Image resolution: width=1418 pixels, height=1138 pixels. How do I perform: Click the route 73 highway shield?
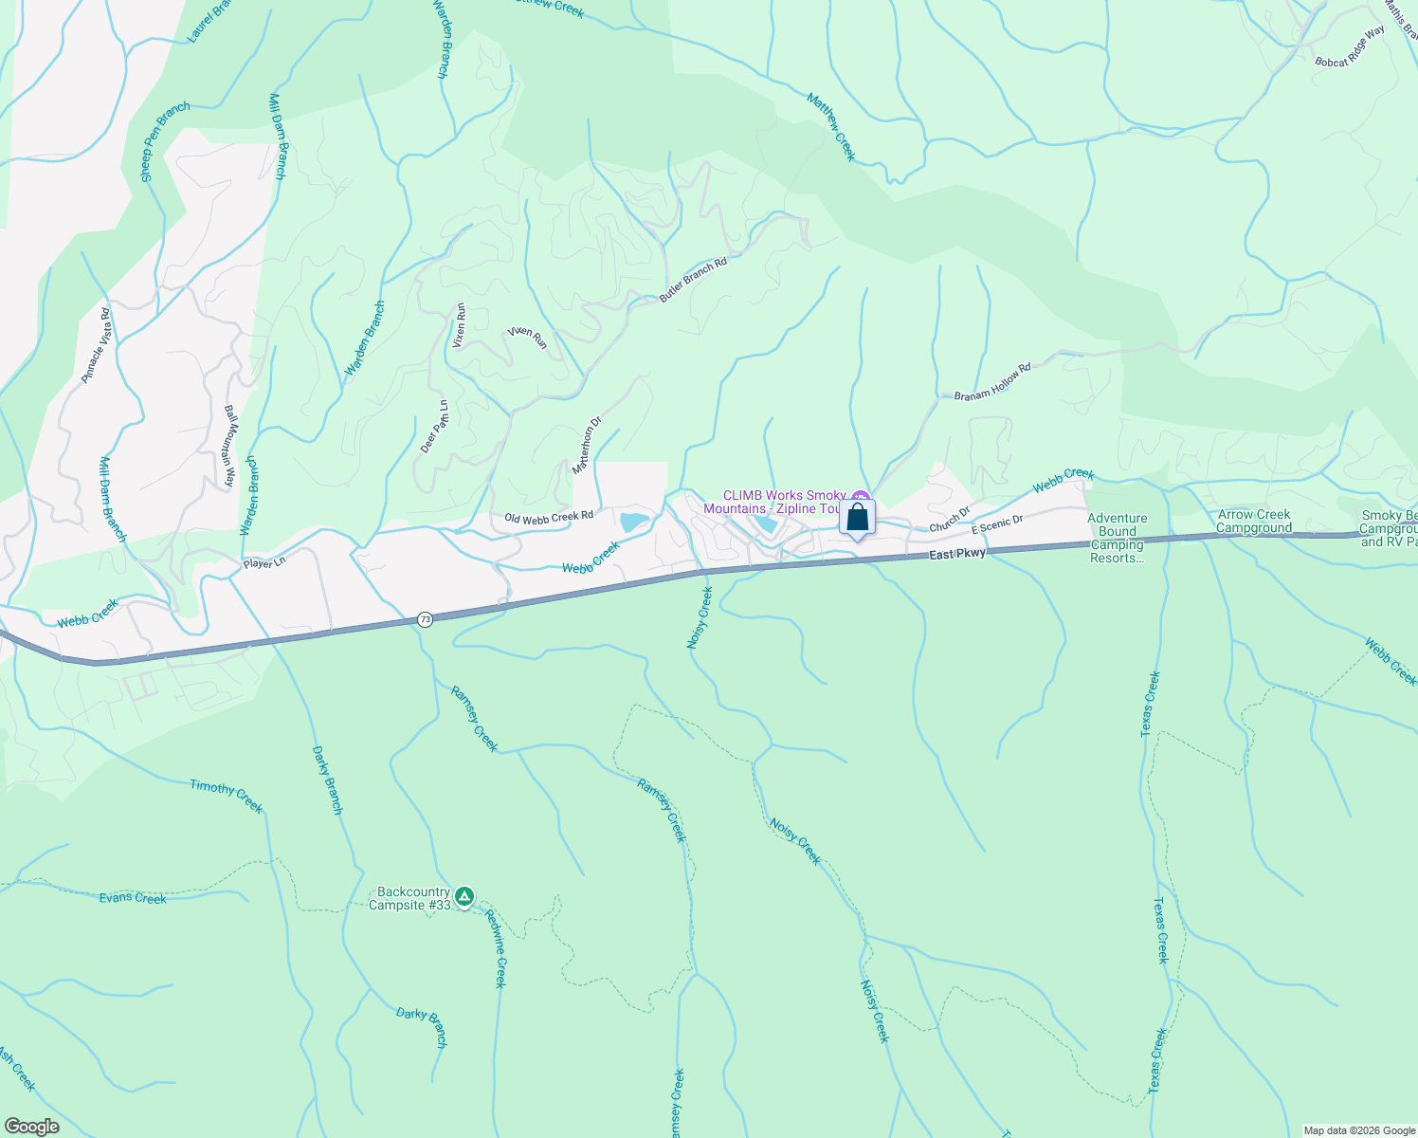(425, 619)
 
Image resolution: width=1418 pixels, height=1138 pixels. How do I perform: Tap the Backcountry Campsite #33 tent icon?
(464, 896)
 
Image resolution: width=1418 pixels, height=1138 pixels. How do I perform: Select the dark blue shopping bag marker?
(857, 519)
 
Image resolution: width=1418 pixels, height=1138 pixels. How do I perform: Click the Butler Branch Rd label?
(693, 280)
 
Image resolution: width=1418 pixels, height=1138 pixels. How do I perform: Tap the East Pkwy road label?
(957, 554)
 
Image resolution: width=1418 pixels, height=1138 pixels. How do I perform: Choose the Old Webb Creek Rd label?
(549, 518)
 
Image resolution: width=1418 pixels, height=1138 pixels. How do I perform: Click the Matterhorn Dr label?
(587, 446)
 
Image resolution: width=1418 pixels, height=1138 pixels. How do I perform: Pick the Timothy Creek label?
(226, 795)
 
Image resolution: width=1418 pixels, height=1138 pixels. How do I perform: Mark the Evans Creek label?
(133, 897)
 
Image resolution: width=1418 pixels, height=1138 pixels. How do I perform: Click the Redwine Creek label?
(496, 948)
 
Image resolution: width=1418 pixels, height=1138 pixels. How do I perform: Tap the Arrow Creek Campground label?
(1254, 522)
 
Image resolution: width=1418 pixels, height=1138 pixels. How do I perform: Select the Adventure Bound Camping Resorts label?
(1118, 538)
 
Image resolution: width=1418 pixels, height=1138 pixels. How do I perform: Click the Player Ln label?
(264, 563)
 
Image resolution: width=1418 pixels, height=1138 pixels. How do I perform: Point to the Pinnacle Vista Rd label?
(96, 345)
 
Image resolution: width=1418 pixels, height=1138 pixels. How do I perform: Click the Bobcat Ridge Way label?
(1350, 46)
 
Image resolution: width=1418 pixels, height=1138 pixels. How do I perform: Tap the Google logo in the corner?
(31, 1127)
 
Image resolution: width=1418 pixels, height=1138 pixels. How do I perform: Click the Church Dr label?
(950, 520)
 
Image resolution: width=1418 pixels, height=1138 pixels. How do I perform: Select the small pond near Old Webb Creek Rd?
(633, 521)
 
